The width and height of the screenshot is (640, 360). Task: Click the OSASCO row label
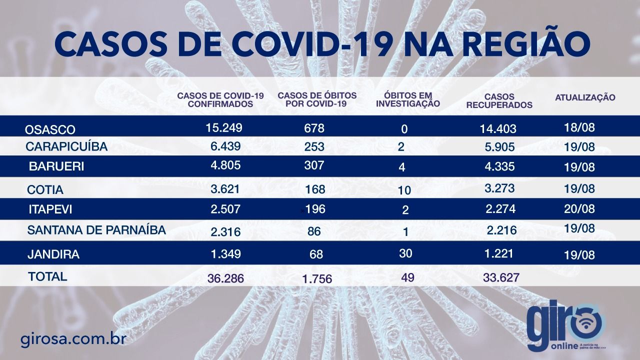click(50, 129)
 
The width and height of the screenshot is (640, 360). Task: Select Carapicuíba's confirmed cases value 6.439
click(225, 146)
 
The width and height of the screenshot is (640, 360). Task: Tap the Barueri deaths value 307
click(314, 165)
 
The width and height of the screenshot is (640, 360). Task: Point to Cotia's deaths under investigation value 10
click(404, 190)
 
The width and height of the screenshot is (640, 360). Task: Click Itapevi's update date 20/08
click(579, 209)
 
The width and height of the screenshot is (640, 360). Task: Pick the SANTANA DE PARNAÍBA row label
click(96, 230)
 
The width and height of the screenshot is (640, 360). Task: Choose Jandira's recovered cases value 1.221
click(499, 253)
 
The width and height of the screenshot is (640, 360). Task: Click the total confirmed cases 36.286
click(225, 278)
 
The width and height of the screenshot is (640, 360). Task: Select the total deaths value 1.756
click(317, 279)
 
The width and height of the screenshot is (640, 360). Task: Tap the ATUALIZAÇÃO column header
click(585, 97)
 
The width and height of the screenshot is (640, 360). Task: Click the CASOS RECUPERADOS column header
click(499, 101)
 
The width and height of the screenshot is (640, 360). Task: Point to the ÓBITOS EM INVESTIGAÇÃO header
click(408, 99)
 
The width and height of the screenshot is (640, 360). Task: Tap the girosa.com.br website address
click(73, 339)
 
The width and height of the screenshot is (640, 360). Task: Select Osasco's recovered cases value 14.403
click(498, 129)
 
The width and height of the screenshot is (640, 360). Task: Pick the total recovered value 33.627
click(501, 277)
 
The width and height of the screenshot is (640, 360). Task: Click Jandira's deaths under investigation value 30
click(405, 253)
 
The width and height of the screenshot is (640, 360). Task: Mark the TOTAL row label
click(47, 276)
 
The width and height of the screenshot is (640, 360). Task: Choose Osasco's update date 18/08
click(579, 127)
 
